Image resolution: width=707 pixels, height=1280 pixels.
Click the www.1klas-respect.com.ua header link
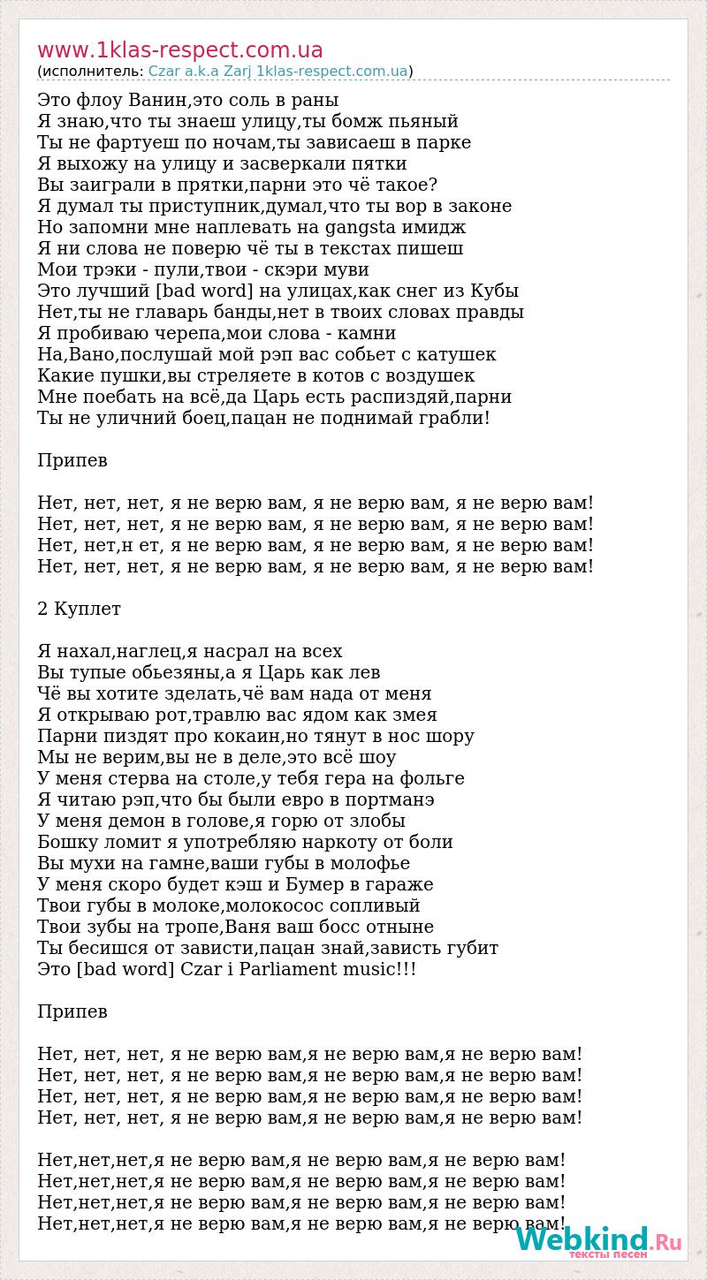click(x=180, y=50)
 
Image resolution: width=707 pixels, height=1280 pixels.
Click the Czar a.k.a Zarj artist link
click(x=200, y=72)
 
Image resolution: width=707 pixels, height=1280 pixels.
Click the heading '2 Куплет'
click(x=80, y=609)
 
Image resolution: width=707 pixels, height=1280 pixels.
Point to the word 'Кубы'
click(x=491, y=291)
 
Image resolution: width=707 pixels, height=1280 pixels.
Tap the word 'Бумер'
click(x=321, y=884)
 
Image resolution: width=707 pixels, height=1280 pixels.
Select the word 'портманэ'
click(x=388, y=799)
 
